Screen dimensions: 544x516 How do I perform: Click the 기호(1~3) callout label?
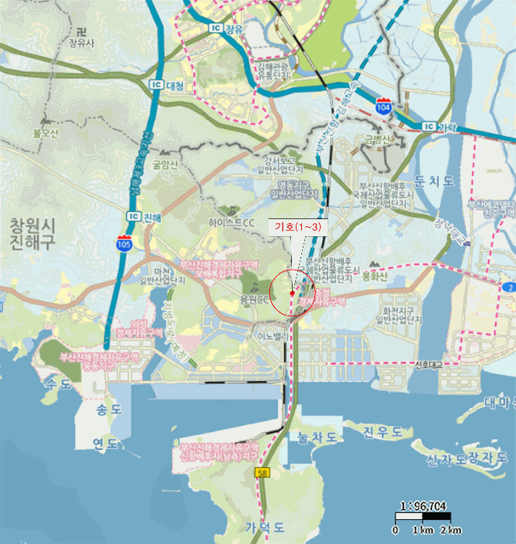click(x=297, y=225)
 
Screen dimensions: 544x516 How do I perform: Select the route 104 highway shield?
click(x=383, y=105)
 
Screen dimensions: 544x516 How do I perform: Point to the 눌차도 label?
click(x=313, y=438)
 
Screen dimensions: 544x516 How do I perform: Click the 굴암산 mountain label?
click(x=165, y=164)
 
